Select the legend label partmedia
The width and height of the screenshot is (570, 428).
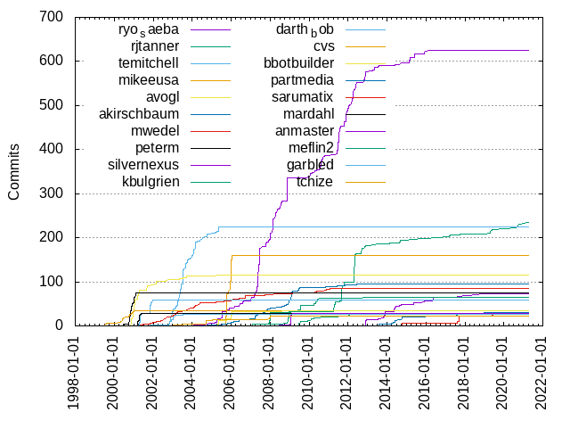303,80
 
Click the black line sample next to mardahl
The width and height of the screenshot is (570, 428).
363,114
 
